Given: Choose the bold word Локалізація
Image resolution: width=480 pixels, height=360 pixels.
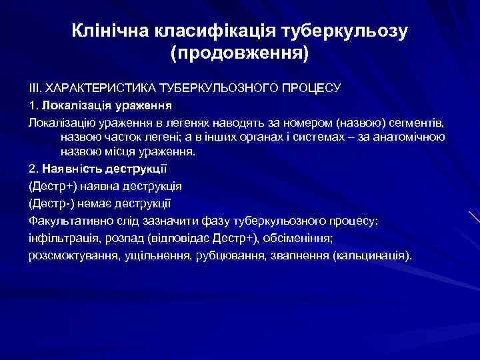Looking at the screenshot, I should (x=70, y=105).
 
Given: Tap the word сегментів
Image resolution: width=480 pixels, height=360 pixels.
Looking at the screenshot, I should (x=428, y=121).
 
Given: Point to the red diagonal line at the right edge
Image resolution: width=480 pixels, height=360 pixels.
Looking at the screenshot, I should (x=474, y=216).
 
